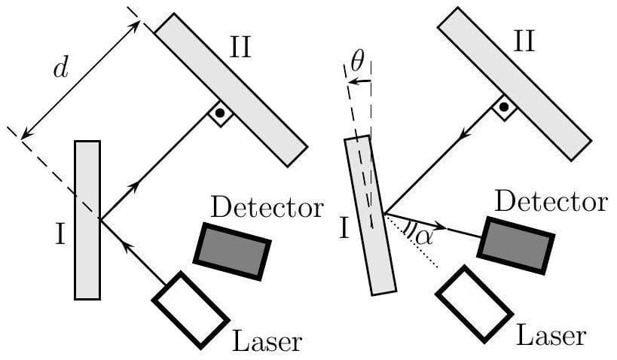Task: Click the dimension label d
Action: (60, 70)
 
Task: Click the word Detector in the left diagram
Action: (267, 207)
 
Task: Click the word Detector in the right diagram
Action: (551, 201)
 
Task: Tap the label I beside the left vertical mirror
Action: (60, 236)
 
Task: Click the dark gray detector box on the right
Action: (516, 246)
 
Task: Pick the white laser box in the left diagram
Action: (191, 309)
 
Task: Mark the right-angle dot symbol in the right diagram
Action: (503, 107)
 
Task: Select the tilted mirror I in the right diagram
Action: (370, 215)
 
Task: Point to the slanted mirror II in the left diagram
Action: (231, 88)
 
